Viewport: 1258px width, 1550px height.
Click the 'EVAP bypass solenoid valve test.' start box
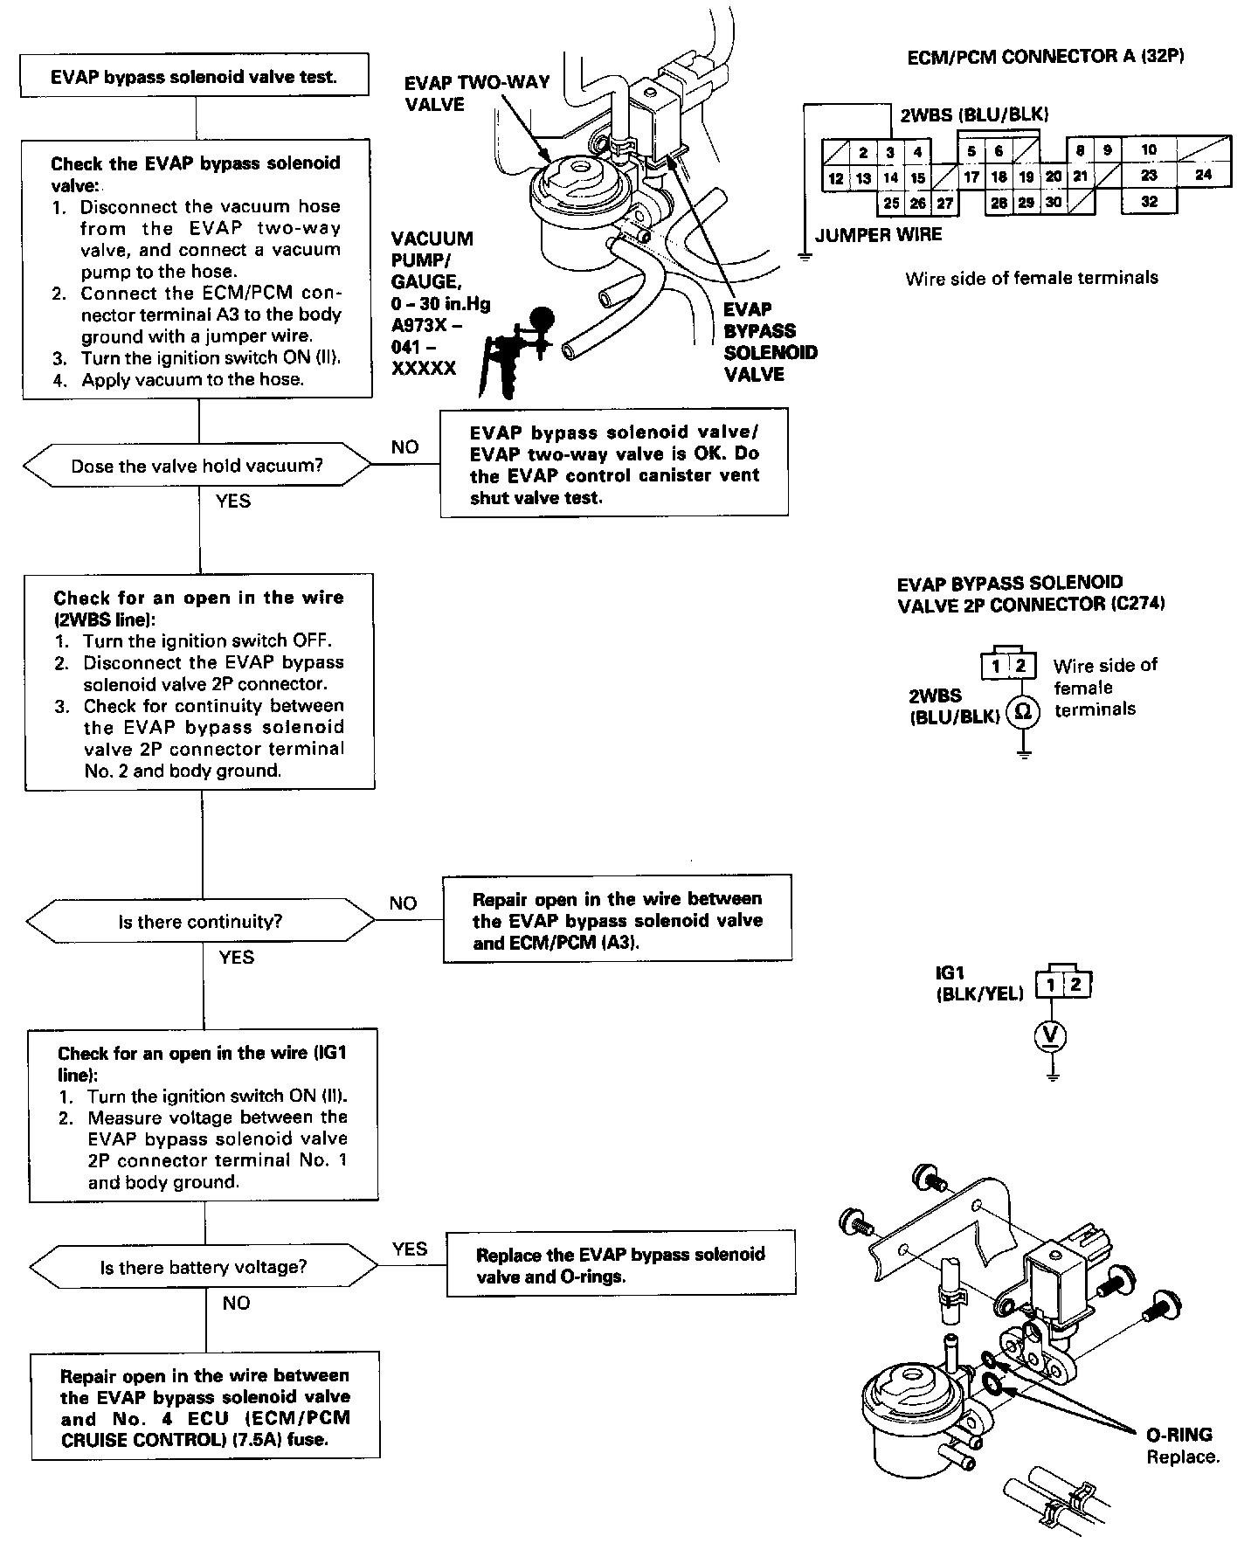pyautogui.click(x=194, y=76)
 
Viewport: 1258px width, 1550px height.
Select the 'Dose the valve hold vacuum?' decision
pyautogui.click(x=197, y=466)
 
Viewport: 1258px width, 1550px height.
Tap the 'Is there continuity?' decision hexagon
pyautogui.click(x=201, y=922)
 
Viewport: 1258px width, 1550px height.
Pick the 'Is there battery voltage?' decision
pyautogui.click(x=204, y=1268)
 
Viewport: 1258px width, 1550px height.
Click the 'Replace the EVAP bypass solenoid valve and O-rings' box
pyautogui.click(x=620, y=1265)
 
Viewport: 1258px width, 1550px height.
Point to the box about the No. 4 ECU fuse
pyautogui.click(x=205, y=1407)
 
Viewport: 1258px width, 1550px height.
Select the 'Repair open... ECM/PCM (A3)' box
pyautogui.click(x=618, y=920)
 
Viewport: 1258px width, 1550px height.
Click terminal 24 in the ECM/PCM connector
pyautogui.click(x=1204, y=174)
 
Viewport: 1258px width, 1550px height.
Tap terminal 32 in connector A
pyautogui.click(x=1149, y=202)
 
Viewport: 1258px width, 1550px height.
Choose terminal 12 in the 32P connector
pyautogui.click(x=836, y=178)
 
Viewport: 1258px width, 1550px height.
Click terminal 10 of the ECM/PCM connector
pyautogui.click(x=1149, y=149)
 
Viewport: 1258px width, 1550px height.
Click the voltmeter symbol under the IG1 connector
pyautogui.click(x=1052, y=1035)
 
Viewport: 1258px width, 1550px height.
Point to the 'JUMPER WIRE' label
pyautogui.click(x=878, y=235)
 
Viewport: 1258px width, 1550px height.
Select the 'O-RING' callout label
pyautogui.click(x=1179, y=1435)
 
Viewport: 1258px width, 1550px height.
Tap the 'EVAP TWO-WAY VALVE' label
pyautogui.click(x=477, y=93)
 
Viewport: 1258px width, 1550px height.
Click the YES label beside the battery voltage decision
pyautogui.click(x=410, y=1249)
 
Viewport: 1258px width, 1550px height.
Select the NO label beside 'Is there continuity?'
pyautogui.click(x=403, y=903)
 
